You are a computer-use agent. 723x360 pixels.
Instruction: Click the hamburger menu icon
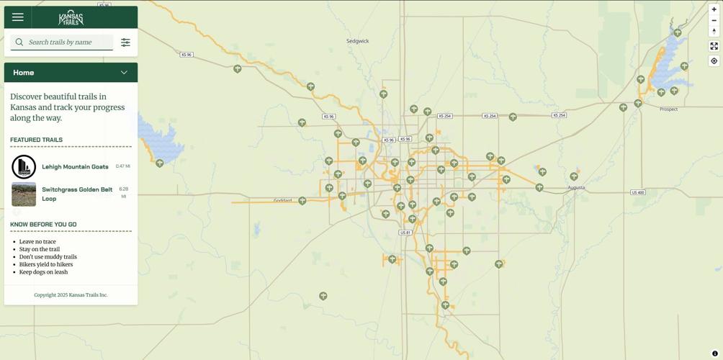18,17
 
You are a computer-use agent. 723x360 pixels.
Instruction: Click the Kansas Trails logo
71,18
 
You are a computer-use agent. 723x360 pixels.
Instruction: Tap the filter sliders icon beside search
125,42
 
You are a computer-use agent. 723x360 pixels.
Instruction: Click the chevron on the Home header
124,73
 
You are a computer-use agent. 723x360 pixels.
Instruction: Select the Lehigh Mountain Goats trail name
75,167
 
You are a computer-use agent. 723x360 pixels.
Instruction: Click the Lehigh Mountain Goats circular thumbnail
24,167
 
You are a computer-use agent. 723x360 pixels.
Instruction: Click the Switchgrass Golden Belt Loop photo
24,194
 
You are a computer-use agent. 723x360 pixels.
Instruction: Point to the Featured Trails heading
36,140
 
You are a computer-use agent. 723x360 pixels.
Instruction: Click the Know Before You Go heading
43,225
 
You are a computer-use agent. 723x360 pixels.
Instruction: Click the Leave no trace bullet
37,242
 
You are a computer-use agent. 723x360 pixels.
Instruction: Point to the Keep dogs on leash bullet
43,272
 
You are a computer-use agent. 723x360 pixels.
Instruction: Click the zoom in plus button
714,9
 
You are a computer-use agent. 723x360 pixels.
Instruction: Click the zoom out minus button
714,20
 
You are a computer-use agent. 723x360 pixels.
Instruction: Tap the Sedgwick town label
357,41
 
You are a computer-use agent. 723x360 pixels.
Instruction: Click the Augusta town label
576,187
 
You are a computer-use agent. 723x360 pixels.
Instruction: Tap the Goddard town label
283,200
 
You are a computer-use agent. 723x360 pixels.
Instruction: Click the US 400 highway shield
637,192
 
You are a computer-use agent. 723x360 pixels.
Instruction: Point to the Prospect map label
668,109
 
